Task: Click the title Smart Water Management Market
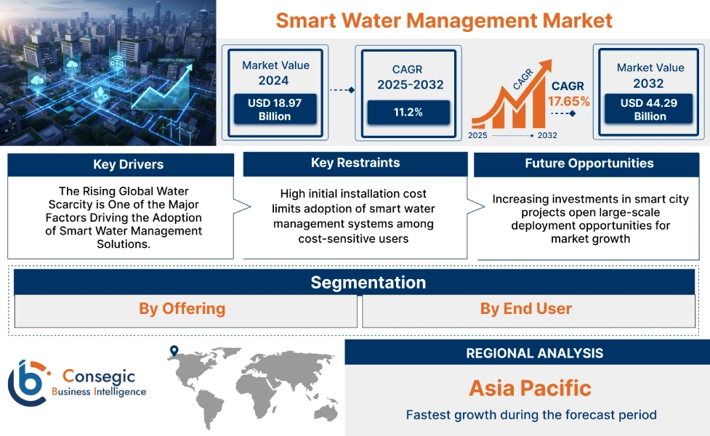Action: (444, 20)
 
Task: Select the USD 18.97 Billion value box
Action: (274, 110)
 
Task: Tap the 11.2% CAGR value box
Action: (408, 113)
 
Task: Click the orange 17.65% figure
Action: (568, 101)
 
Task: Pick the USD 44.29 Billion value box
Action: (649, 110)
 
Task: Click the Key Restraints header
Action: (355, 163)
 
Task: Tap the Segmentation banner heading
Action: (368, 282)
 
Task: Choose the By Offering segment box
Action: (182, 309)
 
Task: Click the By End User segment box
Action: (525, 309)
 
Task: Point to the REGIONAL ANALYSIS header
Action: (534, 353)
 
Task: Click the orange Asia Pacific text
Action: (530, 387)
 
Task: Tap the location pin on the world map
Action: (174, 352)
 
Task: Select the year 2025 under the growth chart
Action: (477, 135)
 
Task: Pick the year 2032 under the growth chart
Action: (547, 135)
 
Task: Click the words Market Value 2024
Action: (275, 73)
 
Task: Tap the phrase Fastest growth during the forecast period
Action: (531, 415)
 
